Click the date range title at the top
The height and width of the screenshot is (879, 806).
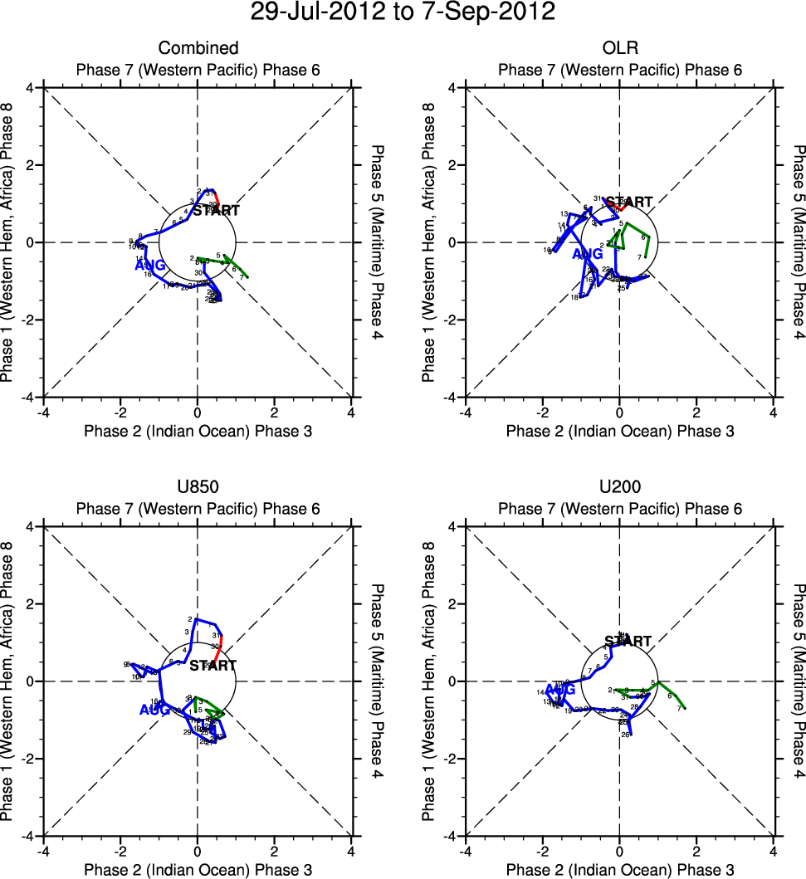(x=403, y=12)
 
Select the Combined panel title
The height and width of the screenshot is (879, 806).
(x=198, y=48)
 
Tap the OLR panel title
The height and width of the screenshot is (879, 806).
(x=620, y=48)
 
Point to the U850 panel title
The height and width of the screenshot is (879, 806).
(x=198, y=487)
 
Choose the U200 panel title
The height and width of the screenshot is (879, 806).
(x=620, y=487)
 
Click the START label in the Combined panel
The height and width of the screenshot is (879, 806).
(x=216, y=211)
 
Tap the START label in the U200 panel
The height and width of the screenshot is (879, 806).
(x=628, y=642)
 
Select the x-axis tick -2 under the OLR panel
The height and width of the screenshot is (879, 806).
(x=541, y=412)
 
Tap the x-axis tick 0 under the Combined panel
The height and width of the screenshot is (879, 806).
(x=198, y=412)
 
